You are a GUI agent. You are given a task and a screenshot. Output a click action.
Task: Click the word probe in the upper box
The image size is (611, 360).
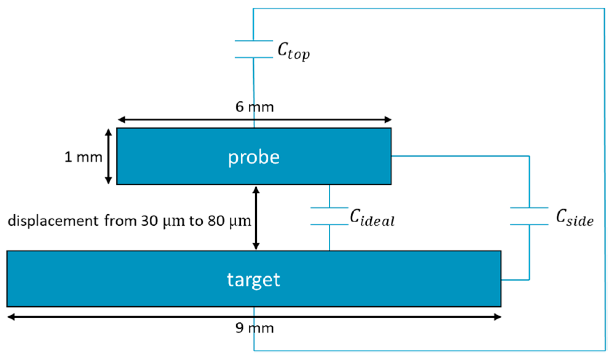pyautogui.click(x=254, y=157)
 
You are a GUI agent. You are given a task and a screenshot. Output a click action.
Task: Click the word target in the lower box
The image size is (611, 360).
pyautogui.click(x=253, y=280)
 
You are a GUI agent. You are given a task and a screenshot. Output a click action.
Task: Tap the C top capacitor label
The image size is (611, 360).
pyautogui.click(x=293, y=51)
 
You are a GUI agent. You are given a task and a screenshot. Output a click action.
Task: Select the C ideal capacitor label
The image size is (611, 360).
pyautogui.click(x=372, y=218)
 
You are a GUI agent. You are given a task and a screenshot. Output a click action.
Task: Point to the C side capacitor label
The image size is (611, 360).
pyautogui.click(x=574, y=218)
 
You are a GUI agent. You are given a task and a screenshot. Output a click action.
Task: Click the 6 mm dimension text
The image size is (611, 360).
pyautogui.click(x=254, y=107)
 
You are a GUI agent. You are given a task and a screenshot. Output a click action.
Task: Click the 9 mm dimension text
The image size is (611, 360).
pyautogui.click(x=254, y=328)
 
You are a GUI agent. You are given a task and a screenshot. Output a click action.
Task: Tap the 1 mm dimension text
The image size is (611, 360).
pyautogui.click(x=83, y=157)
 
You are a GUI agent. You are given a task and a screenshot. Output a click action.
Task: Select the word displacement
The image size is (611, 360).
pyautogui.click(x=53, y=221)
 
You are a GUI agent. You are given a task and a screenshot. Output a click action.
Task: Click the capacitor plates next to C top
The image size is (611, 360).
pyautogui.click(x=254, y=49)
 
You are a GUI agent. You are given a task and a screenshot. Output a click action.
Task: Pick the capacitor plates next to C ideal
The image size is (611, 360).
pyautogui.click(x=329, y=216)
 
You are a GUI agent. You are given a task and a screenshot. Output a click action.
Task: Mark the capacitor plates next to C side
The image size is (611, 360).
pyautogui.click(x=529, y=216)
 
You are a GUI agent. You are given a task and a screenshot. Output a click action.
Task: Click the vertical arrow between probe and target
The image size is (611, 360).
pyautogui.click(x=256, y=218)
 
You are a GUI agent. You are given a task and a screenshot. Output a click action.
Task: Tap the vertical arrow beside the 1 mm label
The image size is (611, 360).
pyautogui.click(x=109, y=156)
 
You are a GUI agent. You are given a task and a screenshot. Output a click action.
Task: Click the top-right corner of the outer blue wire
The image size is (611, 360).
pyautogui.click(x=604, y=9)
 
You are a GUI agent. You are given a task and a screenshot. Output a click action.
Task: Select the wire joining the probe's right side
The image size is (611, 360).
pyautogui.click(x=459, y=156)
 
